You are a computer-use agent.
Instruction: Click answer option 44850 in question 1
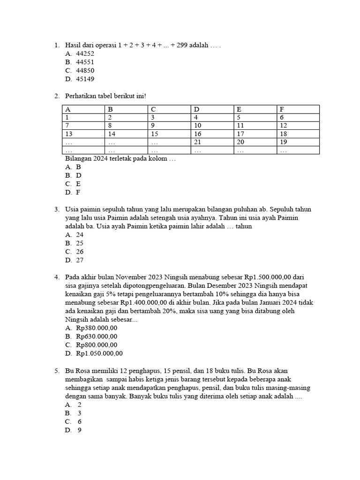click(x=85, y=70)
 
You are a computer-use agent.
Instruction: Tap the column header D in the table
click(x=197, y=109)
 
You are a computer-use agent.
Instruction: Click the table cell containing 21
click(x=197, y=142)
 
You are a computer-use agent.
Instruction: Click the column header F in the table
click(x=282, y=109)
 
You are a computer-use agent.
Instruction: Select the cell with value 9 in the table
click(x=153, y=125)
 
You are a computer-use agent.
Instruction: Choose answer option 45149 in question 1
click(x=85, y=79)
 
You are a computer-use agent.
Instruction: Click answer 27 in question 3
click(x=80, y=260)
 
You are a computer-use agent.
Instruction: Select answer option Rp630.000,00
click(x=96, y=336)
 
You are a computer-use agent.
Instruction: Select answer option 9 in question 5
click(x=80, y=429)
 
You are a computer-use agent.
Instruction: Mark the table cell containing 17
click(x=240, y=134)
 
